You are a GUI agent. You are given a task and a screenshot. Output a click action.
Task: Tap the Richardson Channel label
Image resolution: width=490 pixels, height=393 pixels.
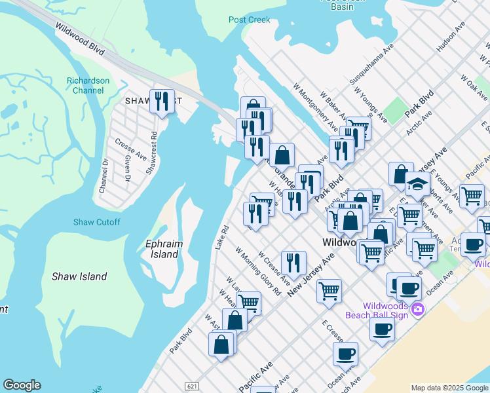click(x=85, y=85)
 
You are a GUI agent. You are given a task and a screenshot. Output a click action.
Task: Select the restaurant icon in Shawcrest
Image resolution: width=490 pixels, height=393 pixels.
click(x=162, y=102)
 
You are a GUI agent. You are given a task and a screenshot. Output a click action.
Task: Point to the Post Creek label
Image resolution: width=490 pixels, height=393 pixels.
click(x=250, y=20)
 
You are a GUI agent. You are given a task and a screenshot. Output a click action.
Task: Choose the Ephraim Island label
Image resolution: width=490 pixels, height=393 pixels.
click(x=161, y=249)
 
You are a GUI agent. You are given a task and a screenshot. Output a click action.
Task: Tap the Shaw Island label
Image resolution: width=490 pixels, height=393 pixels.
click(x=79, y=276)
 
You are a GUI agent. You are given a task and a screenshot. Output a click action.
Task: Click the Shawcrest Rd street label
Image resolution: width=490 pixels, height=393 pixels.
click(x=151, y=153)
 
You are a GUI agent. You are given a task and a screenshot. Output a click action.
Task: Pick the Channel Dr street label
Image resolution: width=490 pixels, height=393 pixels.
click(x=103, y=175)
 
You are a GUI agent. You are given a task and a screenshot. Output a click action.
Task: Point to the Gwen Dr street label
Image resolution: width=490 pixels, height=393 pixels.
click(x=126, y=169)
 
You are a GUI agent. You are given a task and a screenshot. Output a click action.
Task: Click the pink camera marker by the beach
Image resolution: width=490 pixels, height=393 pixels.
click(x=417, y=309)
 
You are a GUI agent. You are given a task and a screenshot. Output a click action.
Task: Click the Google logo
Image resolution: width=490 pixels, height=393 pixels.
click(x=22, y=385)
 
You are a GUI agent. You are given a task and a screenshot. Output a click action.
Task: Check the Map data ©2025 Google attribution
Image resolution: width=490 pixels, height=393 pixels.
click(x=449, y=388)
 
